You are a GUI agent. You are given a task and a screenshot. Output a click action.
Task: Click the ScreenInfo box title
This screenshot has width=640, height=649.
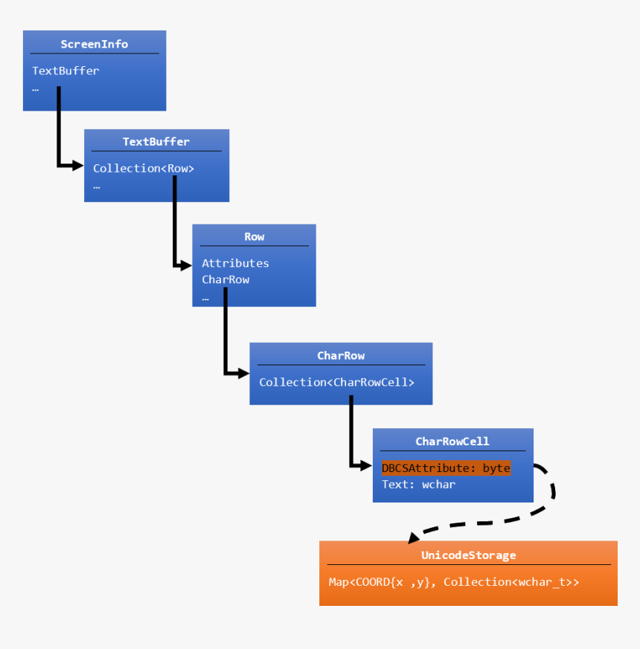[x=94, y=45]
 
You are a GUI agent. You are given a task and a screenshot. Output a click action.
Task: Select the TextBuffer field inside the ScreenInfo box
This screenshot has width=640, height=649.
[x=65, y=71]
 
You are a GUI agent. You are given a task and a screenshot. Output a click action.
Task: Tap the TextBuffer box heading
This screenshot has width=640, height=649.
[x=156, y=142]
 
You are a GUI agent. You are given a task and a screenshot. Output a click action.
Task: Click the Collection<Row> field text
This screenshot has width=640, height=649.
[x=144, y=169]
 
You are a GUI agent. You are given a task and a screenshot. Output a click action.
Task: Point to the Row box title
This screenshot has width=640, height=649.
[x=254, y=237]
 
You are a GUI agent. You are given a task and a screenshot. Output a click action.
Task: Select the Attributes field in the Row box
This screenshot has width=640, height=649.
[x=235, y=263]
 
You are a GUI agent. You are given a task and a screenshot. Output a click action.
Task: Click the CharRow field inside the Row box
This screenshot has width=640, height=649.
[x=225, y=280]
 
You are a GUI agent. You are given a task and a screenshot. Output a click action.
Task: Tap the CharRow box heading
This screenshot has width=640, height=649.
[x=341, y=356]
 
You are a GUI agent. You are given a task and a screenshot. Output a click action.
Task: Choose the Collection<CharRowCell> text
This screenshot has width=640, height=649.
[x=336, y=383]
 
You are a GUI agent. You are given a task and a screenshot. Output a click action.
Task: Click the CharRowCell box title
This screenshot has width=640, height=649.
[x=452, y=442]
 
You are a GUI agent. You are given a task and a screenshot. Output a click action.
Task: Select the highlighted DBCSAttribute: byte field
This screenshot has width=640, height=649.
[x=446, y=468]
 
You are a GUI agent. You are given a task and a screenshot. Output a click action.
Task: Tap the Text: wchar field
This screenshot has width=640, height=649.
[x=418, y=485]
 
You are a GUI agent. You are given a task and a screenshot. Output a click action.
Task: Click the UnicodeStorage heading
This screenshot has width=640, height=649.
[x=468, y=555]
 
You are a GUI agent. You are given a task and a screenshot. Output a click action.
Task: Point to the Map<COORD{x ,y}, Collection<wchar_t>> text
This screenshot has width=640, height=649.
[x=454, y=582]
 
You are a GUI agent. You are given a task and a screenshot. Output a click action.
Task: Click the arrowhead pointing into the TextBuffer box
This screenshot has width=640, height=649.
[x=77, y=166]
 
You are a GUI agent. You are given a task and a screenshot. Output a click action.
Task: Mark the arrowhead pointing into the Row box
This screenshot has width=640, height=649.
[x=185, y=264]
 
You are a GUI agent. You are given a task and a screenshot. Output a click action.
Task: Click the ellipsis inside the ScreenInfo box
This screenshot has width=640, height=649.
[x=35, y=89]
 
